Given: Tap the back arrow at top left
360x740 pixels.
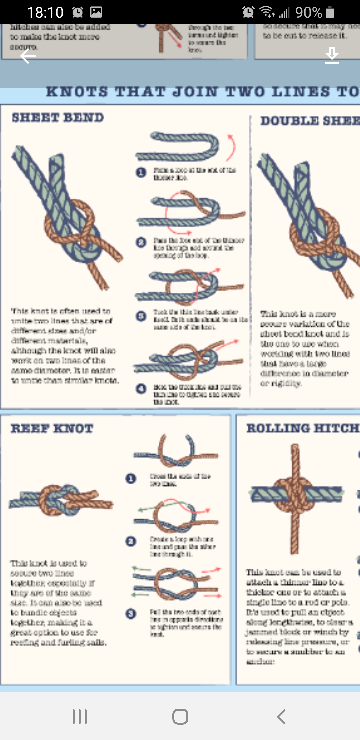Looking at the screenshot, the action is [x=28, y=56].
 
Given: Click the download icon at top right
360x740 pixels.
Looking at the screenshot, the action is [x=332, y=55].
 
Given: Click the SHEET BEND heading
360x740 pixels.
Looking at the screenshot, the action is [x=58, y=118].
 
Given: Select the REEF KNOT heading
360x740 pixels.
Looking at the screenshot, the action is [x=52, y=429].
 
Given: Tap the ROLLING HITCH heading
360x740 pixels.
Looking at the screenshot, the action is [x=302, y=428].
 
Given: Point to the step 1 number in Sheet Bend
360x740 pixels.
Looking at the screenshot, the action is [x=141, y=172].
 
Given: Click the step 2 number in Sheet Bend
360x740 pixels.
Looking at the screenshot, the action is [x=141, y=242].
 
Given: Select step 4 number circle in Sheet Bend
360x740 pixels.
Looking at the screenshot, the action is [x=141, y=389].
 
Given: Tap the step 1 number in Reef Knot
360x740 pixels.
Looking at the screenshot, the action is [x=131, y=479].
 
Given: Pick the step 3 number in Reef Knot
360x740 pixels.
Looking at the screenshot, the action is [x=131, y=614].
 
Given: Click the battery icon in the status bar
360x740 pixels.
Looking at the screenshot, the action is [x=330, y=12].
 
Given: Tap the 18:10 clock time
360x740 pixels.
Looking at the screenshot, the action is [x=45, y=13].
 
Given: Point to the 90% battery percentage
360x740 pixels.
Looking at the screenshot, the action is [x=308, y=13].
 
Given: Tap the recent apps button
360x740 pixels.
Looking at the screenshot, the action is [x=80, y=716].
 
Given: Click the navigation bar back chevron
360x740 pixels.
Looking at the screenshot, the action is [x=281, y=716].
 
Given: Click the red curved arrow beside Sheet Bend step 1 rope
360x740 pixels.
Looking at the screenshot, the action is [x=231, y=148].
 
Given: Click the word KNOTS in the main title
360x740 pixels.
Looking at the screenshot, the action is [x=77, y=92].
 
